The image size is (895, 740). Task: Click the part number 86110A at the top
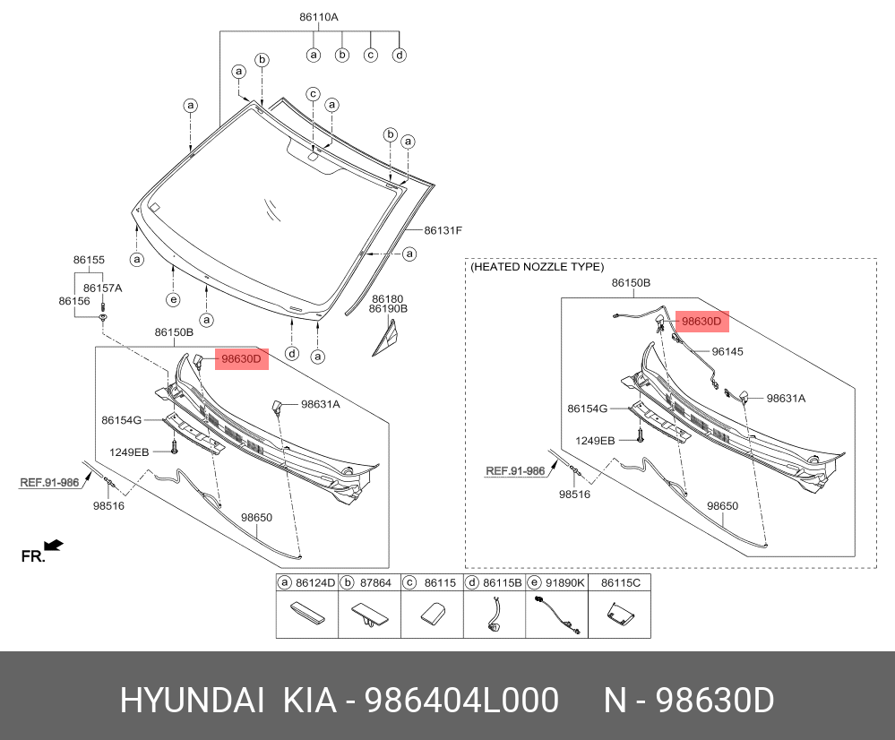(x=319, y=17)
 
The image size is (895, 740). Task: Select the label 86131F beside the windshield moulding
(x=443, y=230)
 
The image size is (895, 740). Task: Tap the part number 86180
(x=388, y=298)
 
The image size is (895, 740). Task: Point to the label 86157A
(x=102, y=288)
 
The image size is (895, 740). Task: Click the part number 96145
(x=727, y=352)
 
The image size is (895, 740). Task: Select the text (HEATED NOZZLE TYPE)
(x=537, y=267)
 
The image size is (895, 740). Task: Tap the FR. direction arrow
(x=53, y=545)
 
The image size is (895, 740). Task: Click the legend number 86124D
(x=315, y=582)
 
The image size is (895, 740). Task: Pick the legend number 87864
(x=376, y=582)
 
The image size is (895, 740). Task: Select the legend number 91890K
(x=566, y=582)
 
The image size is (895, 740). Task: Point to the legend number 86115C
(x=621, y=582)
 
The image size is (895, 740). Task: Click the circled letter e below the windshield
(x=173, y=298)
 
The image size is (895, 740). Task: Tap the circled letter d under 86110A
(x=400, y=55)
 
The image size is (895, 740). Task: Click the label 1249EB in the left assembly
(x=129, y=452)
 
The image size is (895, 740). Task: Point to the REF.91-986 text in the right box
(x=515, y=470)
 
